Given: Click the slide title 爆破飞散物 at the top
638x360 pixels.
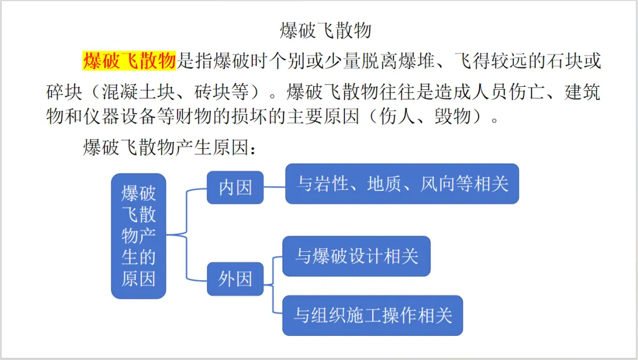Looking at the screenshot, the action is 325,31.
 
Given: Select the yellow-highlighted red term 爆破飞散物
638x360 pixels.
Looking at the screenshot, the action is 129,61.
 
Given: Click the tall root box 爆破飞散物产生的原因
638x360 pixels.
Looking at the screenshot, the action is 138,236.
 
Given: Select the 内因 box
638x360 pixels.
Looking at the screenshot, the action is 235,188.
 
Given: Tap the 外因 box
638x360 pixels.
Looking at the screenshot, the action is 235,279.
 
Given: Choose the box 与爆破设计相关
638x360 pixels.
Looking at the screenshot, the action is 356,256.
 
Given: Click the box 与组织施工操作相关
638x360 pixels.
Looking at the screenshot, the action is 373,316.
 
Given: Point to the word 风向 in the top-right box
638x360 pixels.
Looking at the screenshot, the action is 438,184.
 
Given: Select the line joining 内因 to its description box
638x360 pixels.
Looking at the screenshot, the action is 275,187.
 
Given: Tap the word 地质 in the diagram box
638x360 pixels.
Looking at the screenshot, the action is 385,184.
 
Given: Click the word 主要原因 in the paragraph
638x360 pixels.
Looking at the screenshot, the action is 324,116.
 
